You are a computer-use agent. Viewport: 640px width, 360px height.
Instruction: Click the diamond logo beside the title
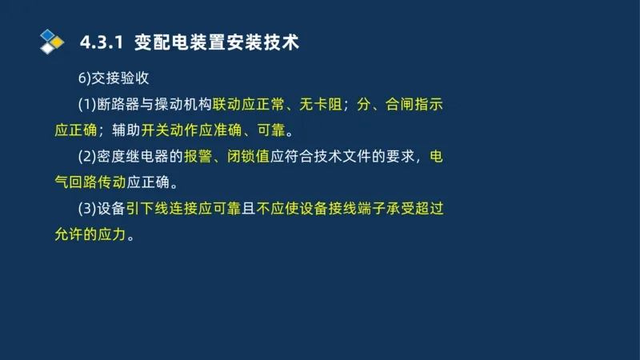pyautogui.click(x=52, y=40)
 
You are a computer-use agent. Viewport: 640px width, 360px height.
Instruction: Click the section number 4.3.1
pyautogui.click(x=102, y=42)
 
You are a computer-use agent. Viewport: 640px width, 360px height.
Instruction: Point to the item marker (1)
pyautogui.click(x=86, y=104)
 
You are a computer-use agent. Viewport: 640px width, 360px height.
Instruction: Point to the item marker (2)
pyautogui.click(x=86, y=156)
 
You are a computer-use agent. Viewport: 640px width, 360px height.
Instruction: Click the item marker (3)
pyautogui.click(x=86, y=208)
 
